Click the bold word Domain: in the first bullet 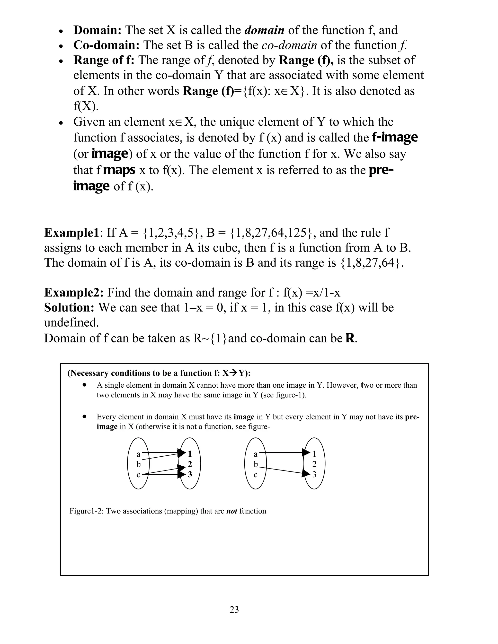(97, 30)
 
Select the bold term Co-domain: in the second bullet (106, 45)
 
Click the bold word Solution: (69, 308)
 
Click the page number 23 (234, 609)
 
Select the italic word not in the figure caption (231, 511)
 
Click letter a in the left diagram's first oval (138, 454)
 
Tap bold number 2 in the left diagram (190, 464)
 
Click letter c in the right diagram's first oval (256, 475)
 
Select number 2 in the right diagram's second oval (314, 464)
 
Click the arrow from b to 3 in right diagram (285, 470)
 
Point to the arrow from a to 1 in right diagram (283, 452)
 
